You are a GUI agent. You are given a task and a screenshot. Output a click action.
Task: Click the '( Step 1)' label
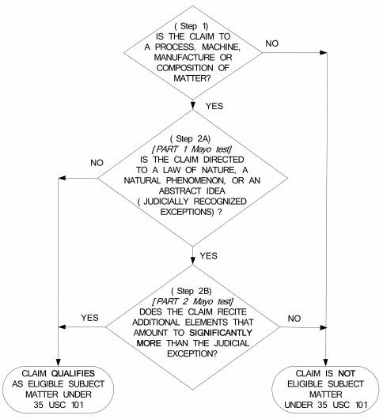pyautogui.click(x=191, y=26)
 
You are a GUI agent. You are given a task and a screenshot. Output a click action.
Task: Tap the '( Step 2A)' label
pyautogui.click(x=191, y=138)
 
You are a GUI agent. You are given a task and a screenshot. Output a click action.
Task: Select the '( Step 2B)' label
pyautogui.click(x=191, y=291)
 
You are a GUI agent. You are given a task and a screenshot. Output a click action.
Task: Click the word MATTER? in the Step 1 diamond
pyautogui.click(x=191, y=78)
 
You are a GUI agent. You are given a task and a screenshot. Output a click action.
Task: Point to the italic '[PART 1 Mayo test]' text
pyautogui.click(x=191, y=149)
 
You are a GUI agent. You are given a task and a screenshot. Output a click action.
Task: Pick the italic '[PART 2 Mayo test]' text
pyautogui.click(x=192, y=301)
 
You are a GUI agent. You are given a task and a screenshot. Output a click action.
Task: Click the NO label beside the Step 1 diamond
pyautogui.click(x=271, y=43)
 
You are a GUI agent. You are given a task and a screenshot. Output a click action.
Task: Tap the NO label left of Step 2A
pyautogui.click(x=97, y=163)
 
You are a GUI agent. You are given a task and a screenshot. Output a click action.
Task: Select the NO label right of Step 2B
pyautogui.click(x=294, y=319)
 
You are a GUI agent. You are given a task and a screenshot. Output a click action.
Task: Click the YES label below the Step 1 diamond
pyautogui.click(x=214, y=106)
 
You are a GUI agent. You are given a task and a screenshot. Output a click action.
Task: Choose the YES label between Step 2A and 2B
pyautogui.click(x=209, y=255)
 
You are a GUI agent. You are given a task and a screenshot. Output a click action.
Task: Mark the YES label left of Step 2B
pyautogui.click(x=90, y=318)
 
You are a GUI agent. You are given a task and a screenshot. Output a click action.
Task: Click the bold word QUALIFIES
pyautogui.click(x=73, y=373)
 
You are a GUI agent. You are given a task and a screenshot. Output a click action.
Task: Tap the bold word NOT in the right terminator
pyautogui.click(x=347, y=373)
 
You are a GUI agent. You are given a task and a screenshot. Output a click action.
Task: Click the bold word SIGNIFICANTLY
pyautogui.click(x=221, y=333)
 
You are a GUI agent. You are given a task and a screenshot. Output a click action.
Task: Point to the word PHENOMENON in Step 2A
pyautogui.click(x=195, y=180)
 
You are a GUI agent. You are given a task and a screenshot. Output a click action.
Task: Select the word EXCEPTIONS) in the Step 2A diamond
pyautogui.click(x=187, y=212)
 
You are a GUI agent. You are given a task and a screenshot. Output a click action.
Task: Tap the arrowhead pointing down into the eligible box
pyautogui.click(x=58, y=362)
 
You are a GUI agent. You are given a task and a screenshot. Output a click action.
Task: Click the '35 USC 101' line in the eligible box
pyautogui.click(x=59, y=405)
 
